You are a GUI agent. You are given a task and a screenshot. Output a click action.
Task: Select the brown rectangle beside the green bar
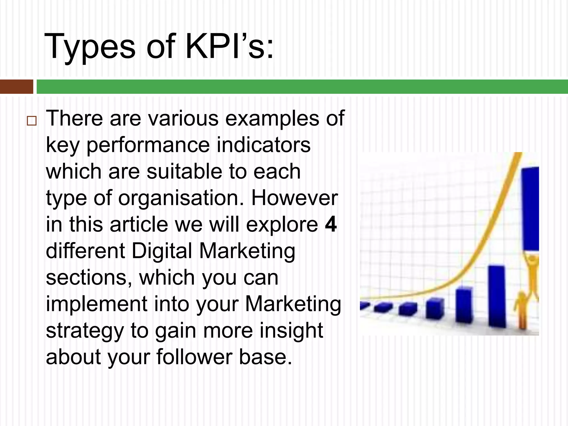point(16,87)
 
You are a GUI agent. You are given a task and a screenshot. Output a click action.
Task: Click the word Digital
point(162,251)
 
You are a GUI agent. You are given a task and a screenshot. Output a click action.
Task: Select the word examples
point(272,118)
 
